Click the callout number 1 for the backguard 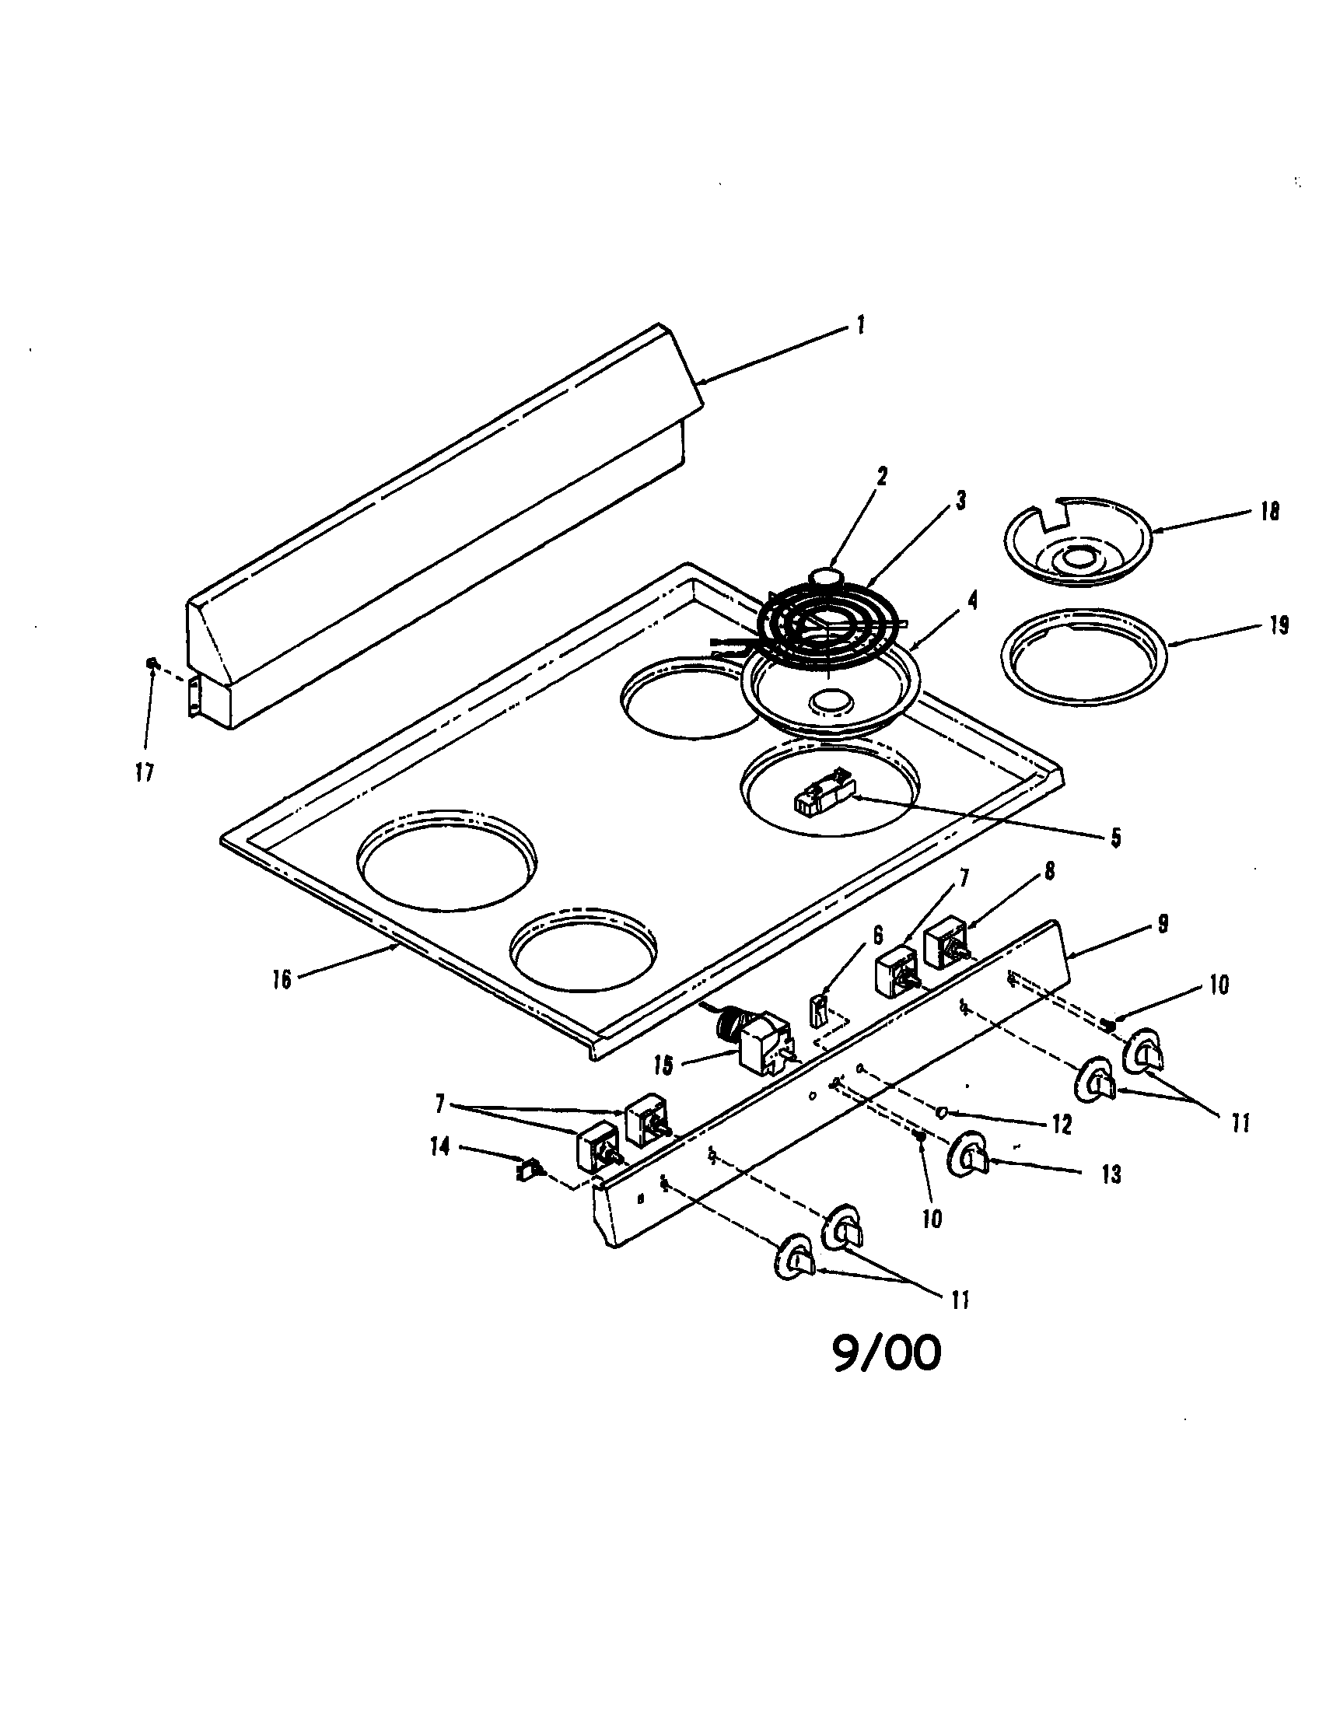point(860,324)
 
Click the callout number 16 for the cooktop point(282,979)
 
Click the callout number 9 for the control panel point(1163,925)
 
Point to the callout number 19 point(1278,626)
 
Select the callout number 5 point(1114,838)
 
